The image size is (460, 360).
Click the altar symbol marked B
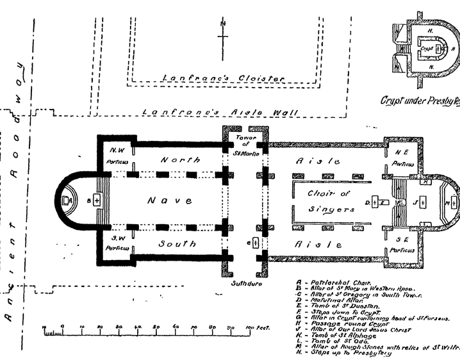97,200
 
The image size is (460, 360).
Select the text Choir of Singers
331,201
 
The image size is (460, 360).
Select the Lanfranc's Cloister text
222,78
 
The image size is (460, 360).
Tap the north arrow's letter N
223,24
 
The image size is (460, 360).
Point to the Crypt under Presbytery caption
420,101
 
